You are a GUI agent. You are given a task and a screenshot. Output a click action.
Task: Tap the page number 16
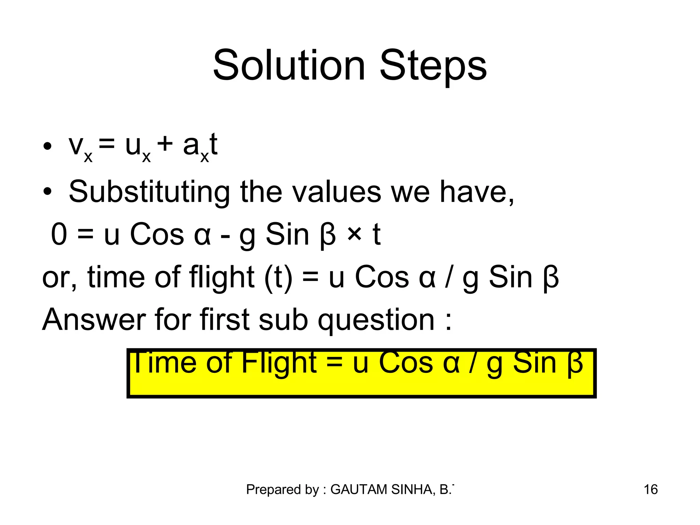tap(650, 489)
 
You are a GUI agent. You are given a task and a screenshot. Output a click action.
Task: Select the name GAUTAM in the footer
tap(359, 489)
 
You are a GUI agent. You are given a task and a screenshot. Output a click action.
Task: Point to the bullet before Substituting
tap(48, 192)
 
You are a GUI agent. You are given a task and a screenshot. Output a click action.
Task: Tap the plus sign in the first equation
tap(165, 144)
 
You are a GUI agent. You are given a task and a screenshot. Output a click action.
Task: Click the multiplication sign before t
tap(354, 234)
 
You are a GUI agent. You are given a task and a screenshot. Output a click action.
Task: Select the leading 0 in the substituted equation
tap(59, 234)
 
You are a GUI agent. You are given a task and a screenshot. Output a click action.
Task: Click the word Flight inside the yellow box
tap(279, 363)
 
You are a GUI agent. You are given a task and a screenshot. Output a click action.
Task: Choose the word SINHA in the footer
tap(413, 489)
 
